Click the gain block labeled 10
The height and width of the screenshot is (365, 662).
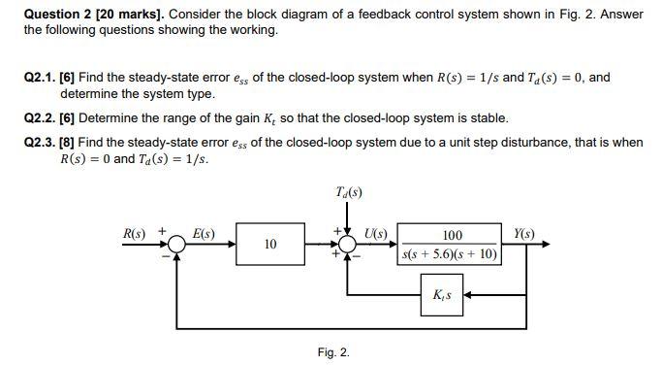click(x=269, y=245)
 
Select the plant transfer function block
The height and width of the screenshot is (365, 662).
click(x=451, y=246)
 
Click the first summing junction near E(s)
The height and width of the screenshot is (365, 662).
click(x=175, y=246)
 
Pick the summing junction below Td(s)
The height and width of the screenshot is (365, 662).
click(x=347, y=246)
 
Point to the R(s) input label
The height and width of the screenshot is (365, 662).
click(x=135, y=233)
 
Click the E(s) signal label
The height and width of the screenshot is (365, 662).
click(x=205, y=233)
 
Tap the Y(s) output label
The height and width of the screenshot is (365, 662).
click(x=525, y=233)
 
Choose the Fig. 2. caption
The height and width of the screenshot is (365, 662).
click(x=332, y=351)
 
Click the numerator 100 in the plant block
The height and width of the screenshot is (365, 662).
click(x=452, y=236)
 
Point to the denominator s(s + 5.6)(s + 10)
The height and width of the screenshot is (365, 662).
click(x=451, y=255)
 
